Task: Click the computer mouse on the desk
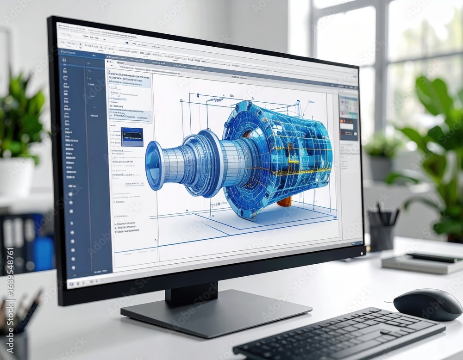tap(427, 304)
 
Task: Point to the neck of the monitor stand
tap(191, 292)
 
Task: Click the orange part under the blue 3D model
tap(284, 201)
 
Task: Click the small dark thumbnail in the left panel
tap(132, 137)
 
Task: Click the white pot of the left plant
tap(17, 176)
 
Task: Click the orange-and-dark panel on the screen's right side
tap(348, 129)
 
